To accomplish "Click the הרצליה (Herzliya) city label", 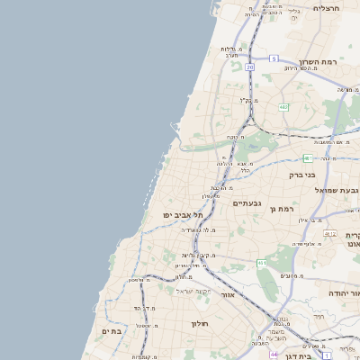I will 326,8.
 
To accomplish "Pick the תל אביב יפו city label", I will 184,215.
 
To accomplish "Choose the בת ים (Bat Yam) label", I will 111,332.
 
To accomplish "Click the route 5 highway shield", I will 273,58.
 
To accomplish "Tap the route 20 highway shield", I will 249,67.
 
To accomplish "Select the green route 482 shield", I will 283,107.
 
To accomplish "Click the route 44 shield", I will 274,355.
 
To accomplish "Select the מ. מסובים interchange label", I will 291,276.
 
